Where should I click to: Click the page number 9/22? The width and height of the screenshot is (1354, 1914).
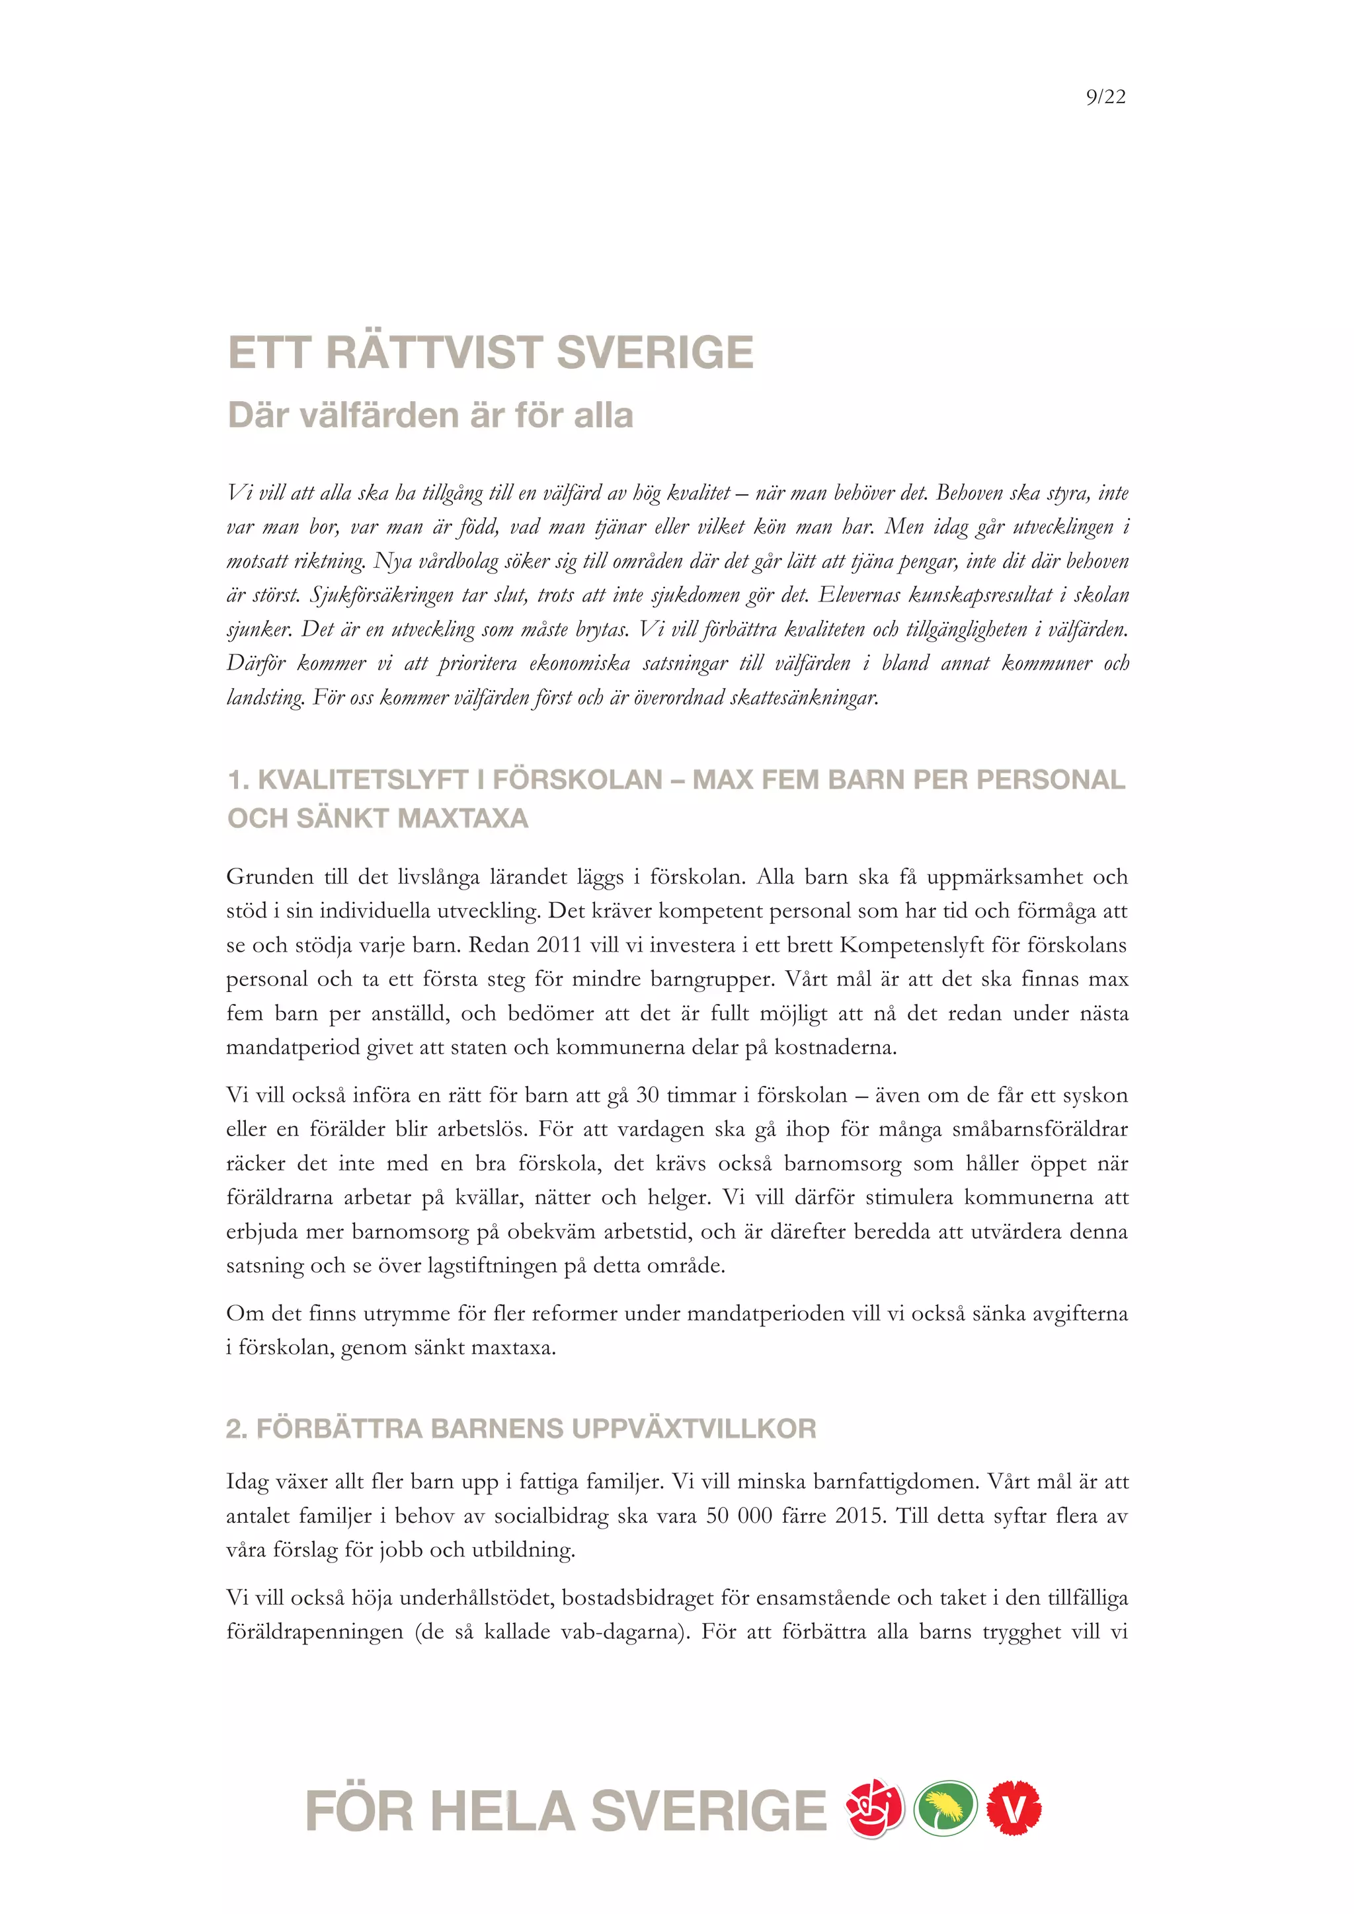click(1105, 96)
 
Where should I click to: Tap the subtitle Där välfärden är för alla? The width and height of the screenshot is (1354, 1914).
click(430, 415)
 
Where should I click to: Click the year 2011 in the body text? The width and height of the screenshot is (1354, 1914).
click(559, 944)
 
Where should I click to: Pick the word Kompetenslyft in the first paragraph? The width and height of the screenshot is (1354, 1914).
click(910, 944)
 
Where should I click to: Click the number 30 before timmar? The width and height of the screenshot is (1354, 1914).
click(648, 1095)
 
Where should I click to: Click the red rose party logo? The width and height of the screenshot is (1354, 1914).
click(874, 1809)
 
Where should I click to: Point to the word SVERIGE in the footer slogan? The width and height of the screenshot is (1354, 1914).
click(708, 1812)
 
